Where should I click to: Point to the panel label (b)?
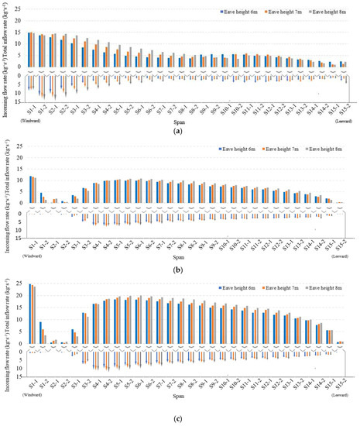click(x=180, y=270)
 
